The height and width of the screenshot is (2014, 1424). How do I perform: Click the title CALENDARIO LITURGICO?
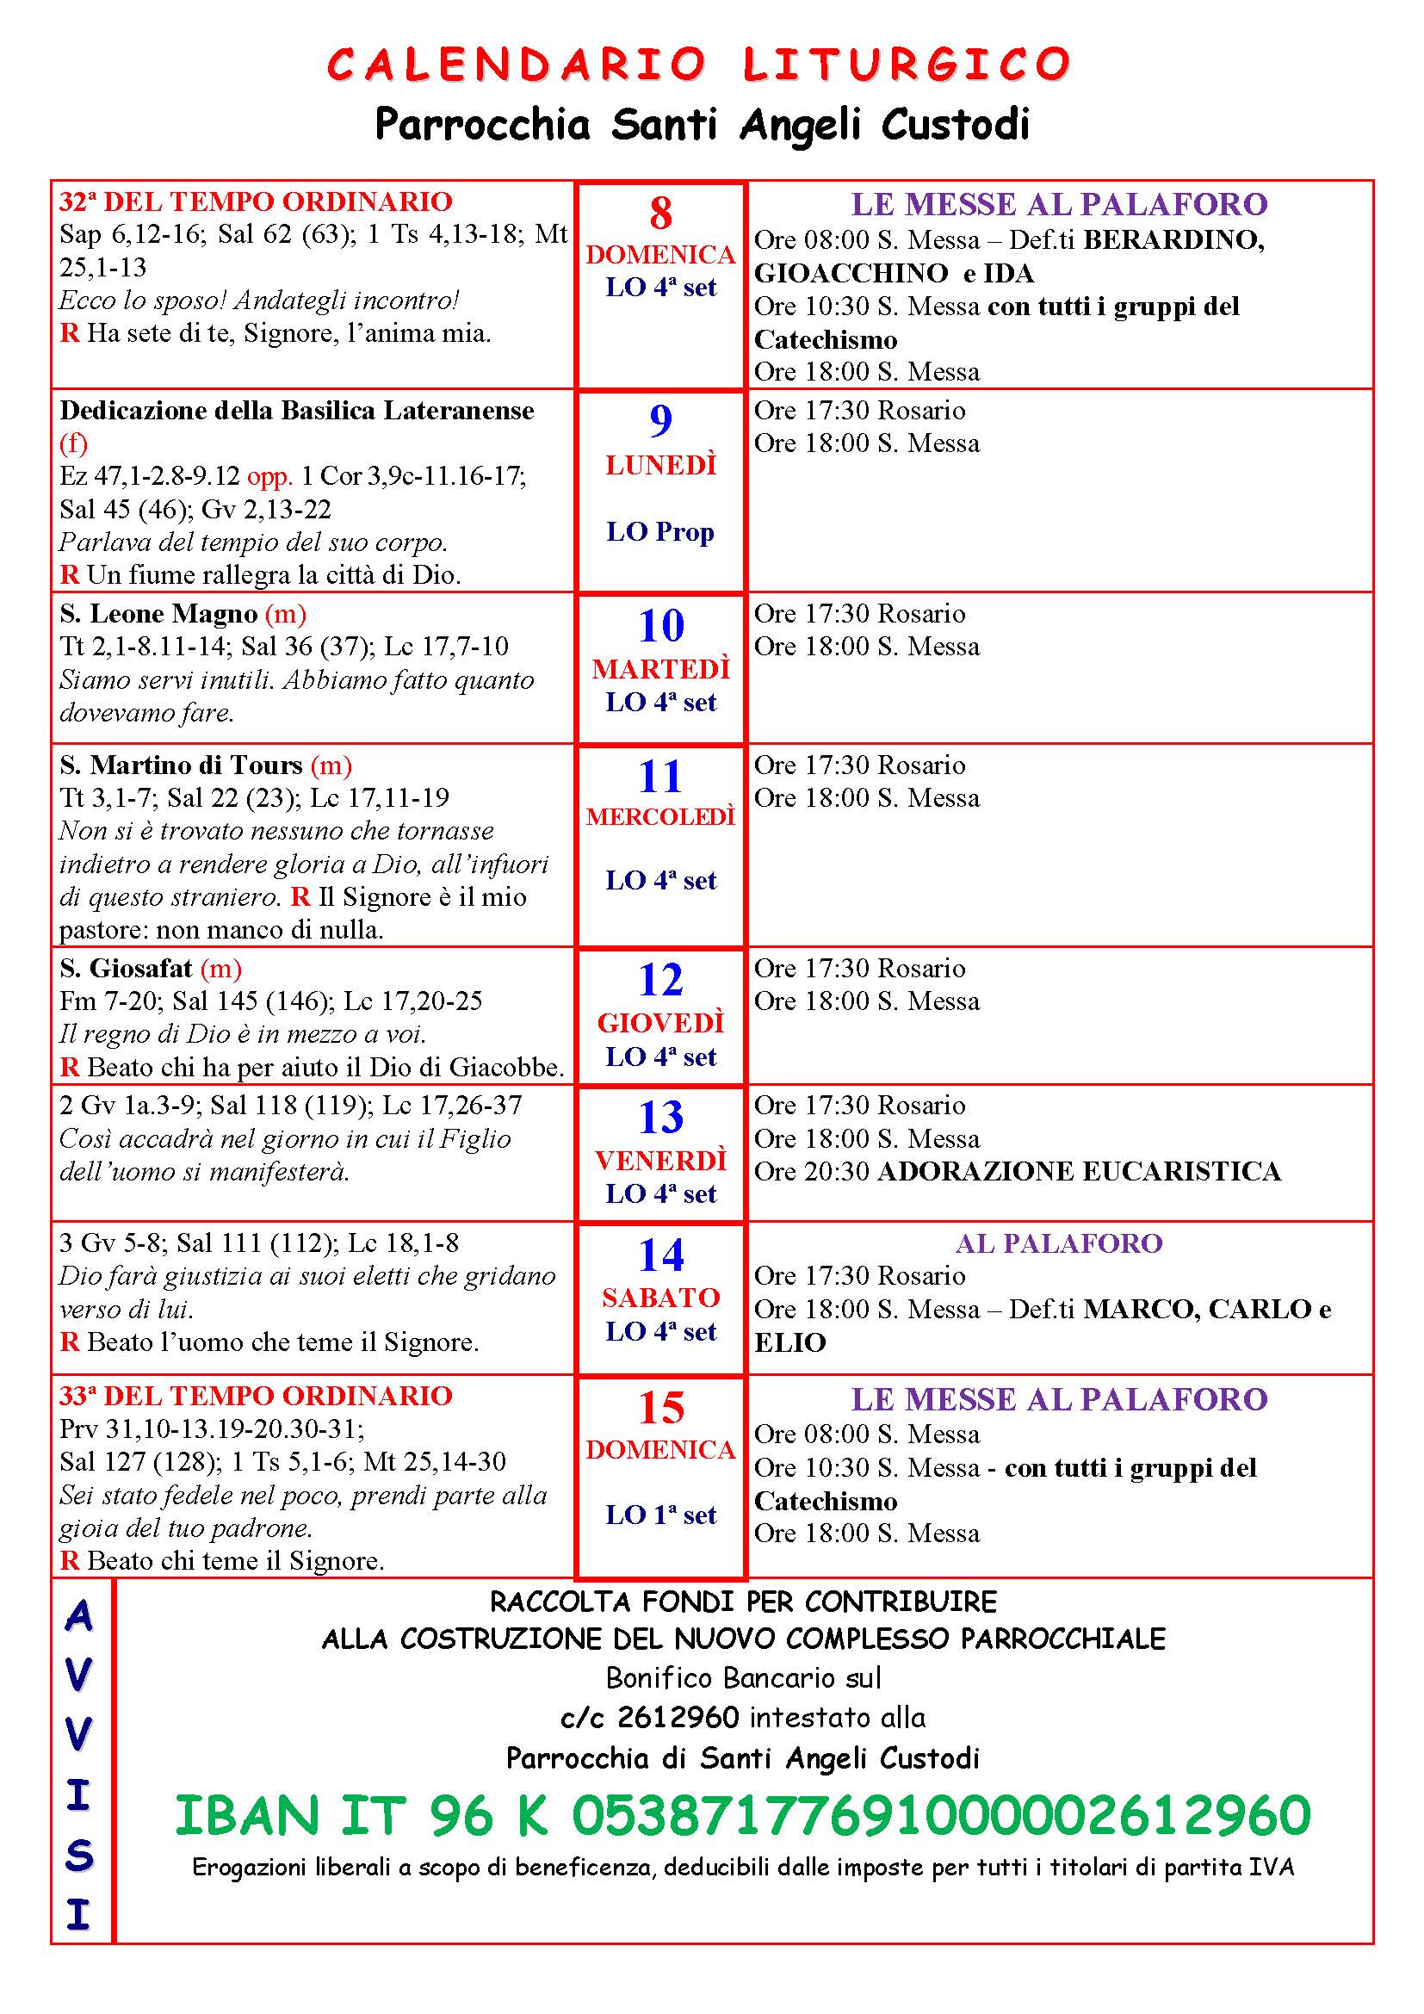tap(699, 65)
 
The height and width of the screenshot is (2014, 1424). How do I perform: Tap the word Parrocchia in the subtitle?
tap(482, 126)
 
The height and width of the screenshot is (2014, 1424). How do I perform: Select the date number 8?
tap(660, 214)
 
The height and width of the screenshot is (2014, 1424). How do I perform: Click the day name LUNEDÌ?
tap(660, 465)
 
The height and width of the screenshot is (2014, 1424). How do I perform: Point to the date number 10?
tap(660, 625)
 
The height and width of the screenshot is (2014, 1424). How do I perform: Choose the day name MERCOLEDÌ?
tap(660, 816)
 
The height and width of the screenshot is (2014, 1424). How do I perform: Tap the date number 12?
tap(660, 980)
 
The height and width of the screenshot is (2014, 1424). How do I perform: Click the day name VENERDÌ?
tap(660, 1161)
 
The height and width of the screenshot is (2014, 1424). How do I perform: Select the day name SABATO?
tap(660, 1298)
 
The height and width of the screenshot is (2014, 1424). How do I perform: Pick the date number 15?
tap(660, 1408)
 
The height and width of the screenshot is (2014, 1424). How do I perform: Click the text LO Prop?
tap(660, 531)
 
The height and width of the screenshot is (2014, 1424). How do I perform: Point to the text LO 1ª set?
tap(660, 1515)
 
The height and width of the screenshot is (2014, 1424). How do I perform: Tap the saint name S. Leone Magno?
tap(158, 614)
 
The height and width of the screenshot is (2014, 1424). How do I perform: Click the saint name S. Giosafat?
tap(126, 969)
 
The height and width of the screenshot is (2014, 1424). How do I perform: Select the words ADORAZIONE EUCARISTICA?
tap(1080, 1172)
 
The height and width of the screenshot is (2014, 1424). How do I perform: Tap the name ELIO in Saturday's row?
tap(790, 1343)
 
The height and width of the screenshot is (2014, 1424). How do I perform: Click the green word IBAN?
tap(247, 1817)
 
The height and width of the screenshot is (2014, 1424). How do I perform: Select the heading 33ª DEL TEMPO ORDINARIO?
tap(255, 1396)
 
